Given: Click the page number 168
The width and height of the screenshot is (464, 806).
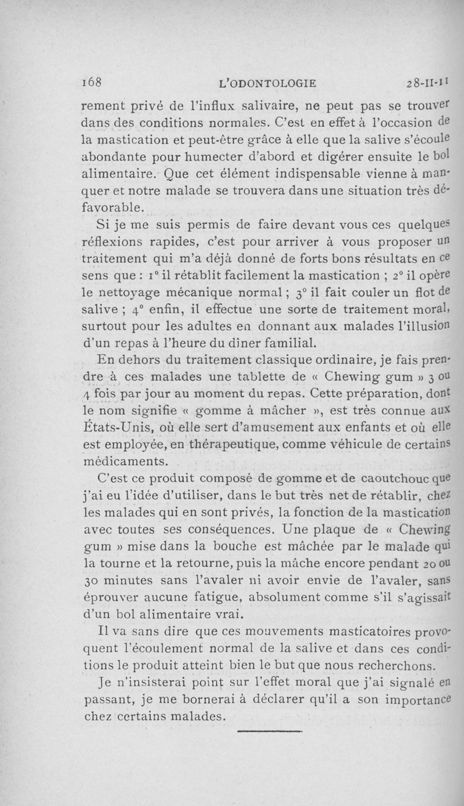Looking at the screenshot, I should (x=91, y=82).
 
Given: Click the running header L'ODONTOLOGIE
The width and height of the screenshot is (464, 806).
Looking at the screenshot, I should (x=268, y=83).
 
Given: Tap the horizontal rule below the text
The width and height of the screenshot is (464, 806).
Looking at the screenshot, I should (x=270, y=732).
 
